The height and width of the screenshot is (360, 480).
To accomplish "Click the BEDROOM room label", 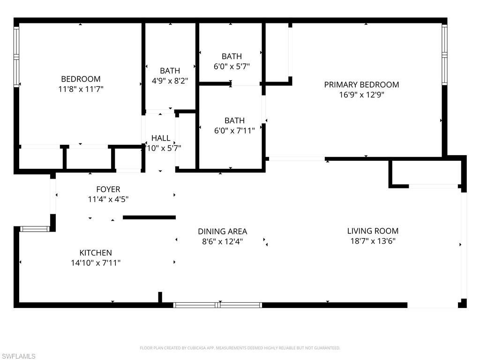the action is pyautogui.click(x=81, y=79).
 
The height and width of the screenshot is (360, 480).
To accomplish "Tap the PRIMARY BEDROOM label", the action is pyautogui.click(x=361, y=84).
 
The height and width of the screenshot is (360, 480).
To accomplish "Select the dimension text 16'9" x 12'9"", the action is pyautogui.click(x=361, y=95).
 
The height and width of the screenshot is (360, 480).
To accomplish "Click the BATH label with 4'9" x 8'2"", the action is pyautogui.click(x=170, y=71).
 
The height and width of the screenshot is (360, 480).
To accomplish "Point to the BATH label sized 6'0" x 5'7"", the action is pyautogui.click(x=232, y=56).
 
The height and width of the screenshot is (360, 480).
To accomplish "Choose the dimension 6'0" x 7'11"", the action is pyautogui.click(x=234, y=131).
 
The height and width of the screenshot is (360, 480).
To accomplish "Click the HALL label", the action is pyautogui.click(x=161, y=138).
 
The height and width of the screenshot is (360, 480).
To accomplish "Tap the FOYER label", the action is pyautogui.click(x=108, y=189).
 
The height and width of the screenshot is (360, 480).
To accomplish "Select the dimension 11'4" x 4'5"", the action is pyautogui.click(x=108, y=199).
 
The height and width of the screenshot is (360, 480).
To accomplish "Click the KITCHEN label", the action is pyautogui.click(x=96, y=253).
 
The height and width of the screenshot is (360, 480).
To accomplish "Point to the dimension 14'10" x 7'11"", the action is pyautogui.click(x=96, y=262).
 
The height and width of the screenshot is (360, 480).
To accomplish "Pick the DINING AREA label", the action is pyautogui.click(x=223, y=231).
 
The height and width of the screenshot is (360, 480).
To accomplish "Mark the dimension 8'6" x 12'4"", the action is pyautogui.click(x=223, y=241).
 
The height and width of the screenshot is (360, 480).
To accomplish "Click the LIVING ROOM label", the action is pyautogui.click(x=373, y=231).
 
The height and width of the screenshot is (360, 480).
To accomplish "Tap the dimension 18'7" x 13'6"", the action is pyautogui.click(x=373, y=241).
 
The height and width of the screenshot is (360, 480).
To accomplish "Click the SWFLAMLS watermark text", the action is pyautogui.click(x=18, y=356).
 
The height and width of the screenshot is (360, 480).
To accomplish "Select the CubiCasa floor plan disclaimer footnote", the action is pyautogui.click(x=240, y=348).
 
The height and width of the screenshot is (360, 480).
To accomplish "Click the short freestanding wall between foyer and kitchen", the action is pyautogui.click(x=150, y=217).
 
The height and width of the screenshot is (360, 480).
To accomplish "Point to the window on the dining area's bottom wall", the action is pyautogui.click(x=217, y=305).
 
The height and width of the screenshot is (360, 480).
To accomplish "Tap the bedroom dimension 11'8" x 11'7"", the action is pyautogui.click(x=81, y=89).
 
